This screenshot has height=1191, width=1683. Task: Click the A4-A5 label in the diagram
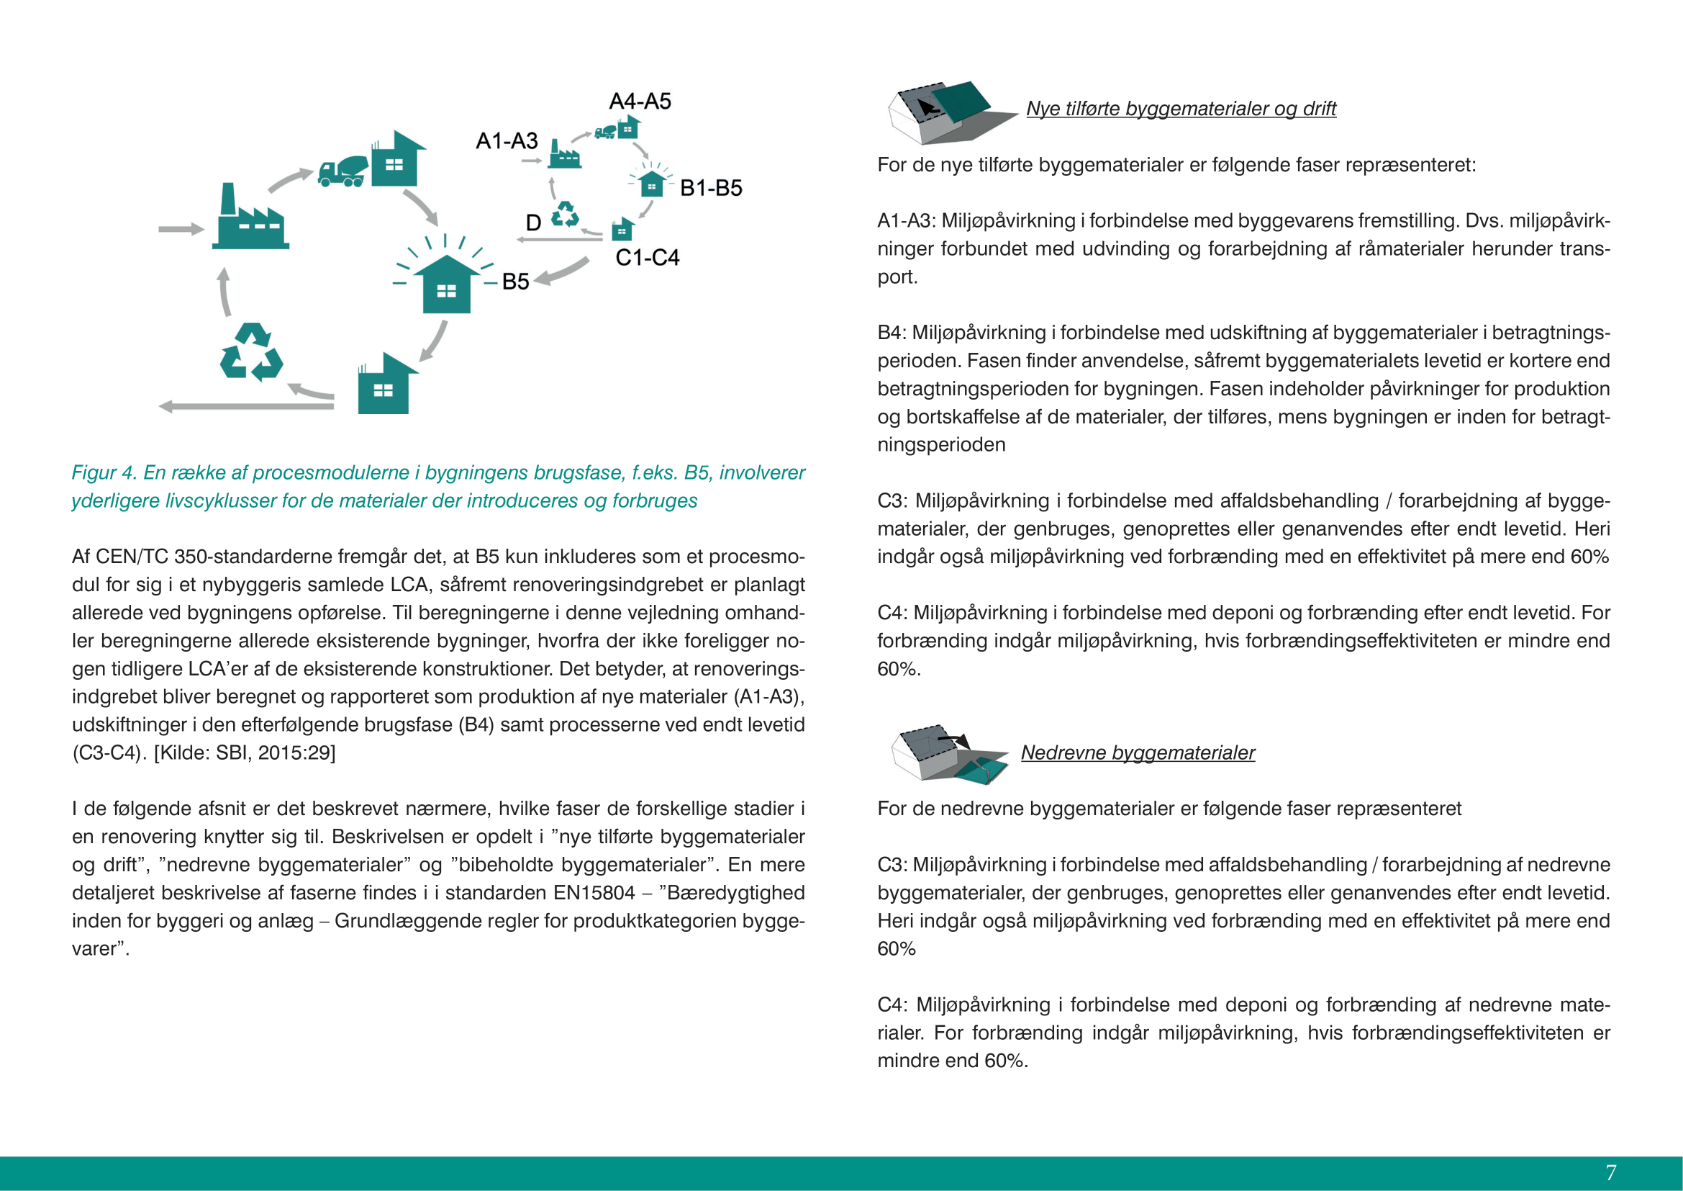[640, 102]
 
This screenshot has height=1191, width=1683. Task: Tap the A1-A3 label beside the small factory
[507, 141]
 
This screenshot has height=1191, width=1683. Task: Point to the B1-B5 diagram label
[711, 189]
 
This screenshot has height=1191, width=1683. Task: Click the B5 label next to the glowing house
[515, 282]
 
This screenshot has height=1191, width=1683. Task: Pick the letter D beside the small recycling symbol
[534, 223]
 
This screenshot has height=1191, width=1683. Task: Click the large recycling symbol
[251, 353]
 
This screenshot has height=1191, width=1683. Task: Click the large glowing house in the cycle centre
[445, 283]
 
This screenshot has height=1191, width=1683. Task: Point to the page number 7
[1610, 1173]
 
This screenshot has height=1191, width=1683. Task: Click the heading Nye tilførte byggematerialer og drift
[1181, 109]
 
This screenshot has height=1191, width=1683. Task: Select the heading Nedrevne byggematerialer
[1138, 753]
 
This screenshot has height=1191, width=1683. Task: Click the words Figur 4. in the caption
[104, 473]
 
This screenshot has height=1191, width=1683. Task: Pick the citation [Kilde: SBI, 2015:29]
[244, 753]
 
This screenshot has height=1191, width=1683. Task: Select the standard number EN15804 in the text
[594, 893]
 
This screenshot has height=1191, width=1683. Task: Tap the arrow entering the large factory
[181, 230]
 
